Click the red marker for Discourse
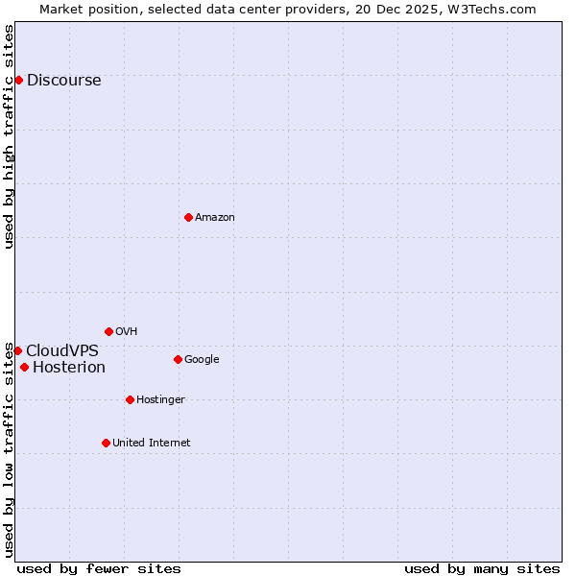click(18, 80)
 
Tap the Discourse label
click(63, 81)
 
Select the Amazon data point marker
click(188, 217)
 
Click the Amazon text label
click(215, 218)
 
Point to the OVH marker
click(108, 331)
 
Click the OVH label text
click(126, 332)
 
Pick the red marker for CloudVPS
click(17, 350)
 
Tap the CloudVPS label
click(62, 351)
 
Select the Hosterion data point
click(24, 367)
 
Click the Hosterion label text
click(69, 368)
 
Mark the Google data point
click(178, 359)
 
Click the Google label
click(202, 360)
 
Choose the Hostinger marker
click(130, 399)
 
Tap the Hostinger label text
click(160, 400)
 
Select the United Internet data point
click(106, 443)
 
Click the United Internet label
click(152, 444)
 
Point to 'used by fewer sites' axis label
click(99, 569)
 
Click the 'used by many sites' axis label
click(482, 569)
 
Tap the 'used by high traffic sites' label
click(10, 136)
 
